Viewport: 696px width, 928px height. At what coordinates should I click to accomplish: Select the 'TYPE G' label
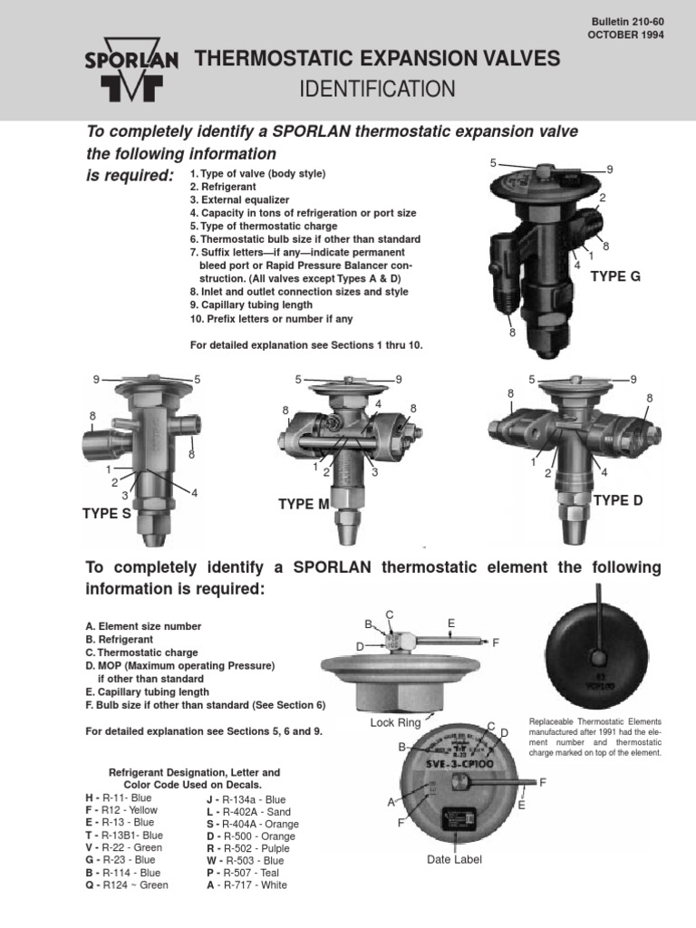(615, 276)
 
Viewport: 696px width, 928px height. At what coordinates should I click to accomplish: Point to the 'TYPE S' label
(107, 514)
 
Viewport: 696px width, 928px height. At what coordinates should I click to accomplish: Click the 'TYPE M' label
(304, 504)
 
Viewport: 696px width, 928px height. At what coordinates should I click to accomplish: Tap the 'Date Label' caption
(454, 858)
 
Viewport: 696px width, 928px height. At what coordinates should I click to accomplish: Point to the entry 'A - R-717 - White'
(246, 885)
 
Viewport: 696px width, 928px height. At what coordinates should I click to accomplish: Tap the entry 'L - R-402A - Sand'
(249, 811)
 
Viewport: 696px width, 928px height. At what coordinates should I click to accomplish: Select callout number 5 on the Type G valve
(494, 163)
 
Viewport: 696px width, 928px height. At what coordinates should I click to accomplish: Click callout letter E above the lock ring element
(450, 623)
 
